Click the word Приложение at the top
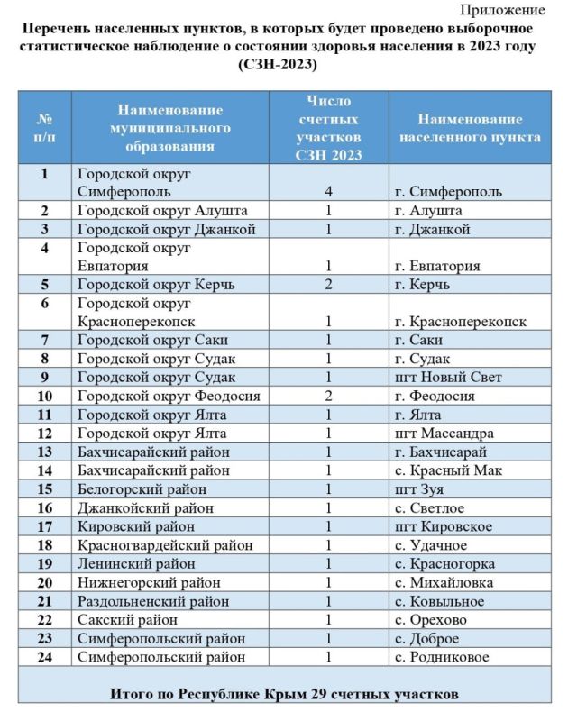503,11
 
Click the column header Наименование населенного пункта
470,129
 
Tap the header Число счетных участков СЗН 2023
328,128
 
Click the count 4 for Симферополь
329,191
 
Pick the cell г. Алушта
431,210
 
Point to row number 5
44,285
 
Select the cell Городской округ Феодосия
169,396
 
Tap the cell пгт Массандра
444,434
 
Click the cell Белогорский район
142,489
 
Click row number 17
44,526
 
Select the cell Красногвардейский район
166,545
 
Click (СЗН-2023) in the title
279,64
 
